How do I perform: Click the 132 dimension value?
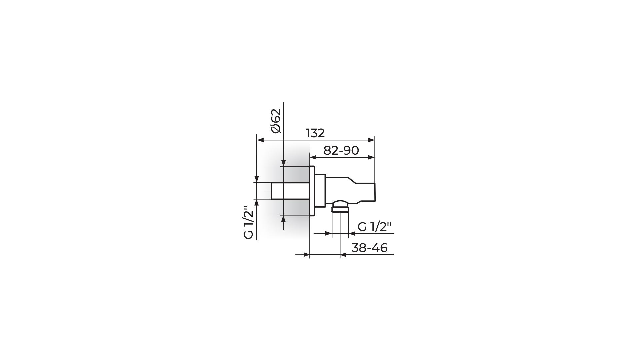(315, 133)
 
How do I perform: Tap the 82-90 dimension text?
(341, 150)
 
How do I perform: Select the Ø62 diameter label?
(276, 121)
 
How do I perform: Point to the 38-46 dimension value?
(369, 248)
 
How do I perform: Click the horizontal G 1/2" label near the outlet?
(374, 227)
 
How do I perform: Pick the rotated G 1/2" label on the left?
(249, 222)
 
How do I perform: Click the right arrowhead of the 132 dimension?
(371, 140)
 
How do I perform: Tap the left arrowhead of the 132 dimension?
(261, 140)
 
